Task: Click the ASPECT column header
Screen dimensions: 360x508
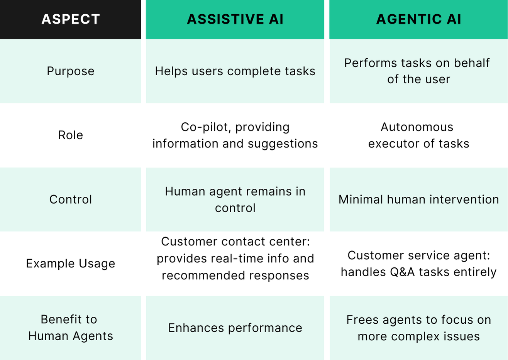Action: coord(71,19)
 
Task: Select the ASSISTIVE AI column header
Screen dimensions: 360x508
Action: coord(235,19)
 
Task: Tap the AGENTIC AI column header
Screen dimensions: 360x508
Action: coord(418,19)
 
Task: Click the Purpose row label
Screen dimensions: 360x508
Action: coord(71,71)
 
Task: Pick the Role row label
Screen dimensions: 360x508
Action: coord(71,135)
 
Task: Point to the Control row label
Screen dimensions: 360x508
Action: coord(71,199)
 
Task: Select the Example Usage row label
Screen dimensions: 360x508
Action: coord(71,264)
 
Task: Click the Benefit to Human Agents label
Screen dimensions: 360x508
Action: coord(71,328)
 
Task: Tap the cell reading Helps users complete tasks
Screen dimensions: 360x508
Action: coord(235,71)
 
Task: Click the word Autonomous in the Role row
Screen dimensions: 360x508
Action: coord(417,127)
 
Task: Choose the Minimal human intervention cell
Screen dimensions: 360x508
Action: coord(418,199)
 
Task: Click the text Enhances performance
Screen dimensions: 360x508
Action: coord(235,328)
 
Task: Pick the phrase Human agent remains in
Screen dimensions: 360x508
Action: coord(235,191)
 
